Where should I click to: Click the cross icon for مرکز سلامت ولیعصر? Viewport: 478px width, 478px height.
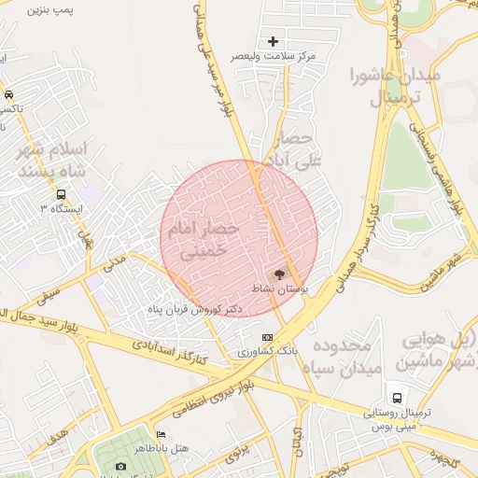tap(273, 41)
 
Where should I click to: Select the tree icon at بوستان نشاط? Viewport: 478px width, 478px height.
tap(278, 274)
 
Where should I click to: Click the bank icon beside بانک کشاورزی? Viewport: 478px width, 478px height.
tap(268, 337)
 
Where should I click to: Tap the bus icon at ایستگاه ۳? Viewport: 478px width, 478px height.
tap(61, 194)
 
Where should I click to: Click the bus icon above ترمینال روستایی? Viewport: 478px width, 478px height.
tap(399, 396)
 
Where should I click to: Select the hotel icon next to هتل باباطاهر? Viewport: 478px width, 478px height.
tap(161, 434)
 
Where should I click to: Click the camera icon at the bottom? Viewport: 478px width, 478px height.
tap(120, 466)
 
